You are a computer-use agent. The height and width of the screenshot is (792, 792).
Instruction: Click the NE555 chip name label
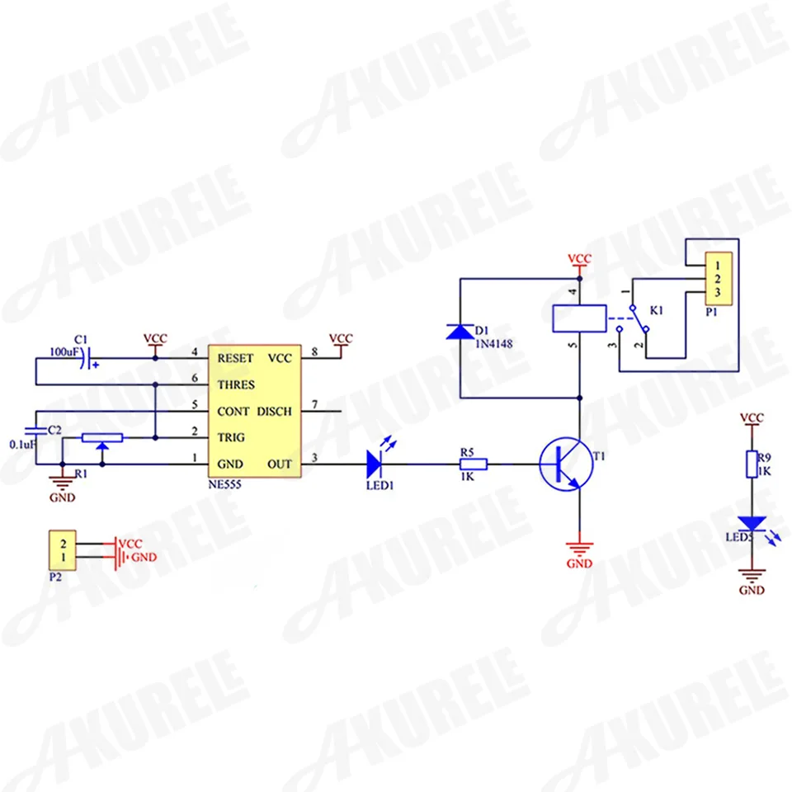(228, 485)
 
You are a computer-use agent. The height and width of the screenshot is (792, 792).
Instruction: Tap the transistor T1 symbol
(566, 464)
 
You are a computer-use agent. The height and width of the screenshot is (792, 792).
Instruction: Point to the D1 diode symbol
(460, 332)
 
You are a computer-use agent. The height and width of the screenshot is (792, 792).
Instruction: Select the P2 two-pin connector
(64, 549)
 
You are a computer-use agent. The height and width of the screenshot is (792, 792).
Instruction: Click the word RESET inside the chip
(235, 359)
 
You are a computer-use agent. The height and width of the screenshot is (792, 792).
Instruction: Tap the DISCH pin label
(274, 411)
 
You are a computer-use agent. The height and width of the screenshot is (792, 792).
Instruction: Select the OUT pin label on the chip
(280, 464)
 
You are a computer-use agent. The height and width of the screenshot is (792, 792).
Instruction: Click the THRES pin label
(235, 385)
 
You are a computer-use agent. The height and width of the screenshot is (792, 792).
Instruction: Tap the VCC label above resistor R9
(752, 418)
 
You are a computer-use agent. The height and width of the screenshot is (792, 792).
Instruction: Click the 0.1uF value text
(22, 444)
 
